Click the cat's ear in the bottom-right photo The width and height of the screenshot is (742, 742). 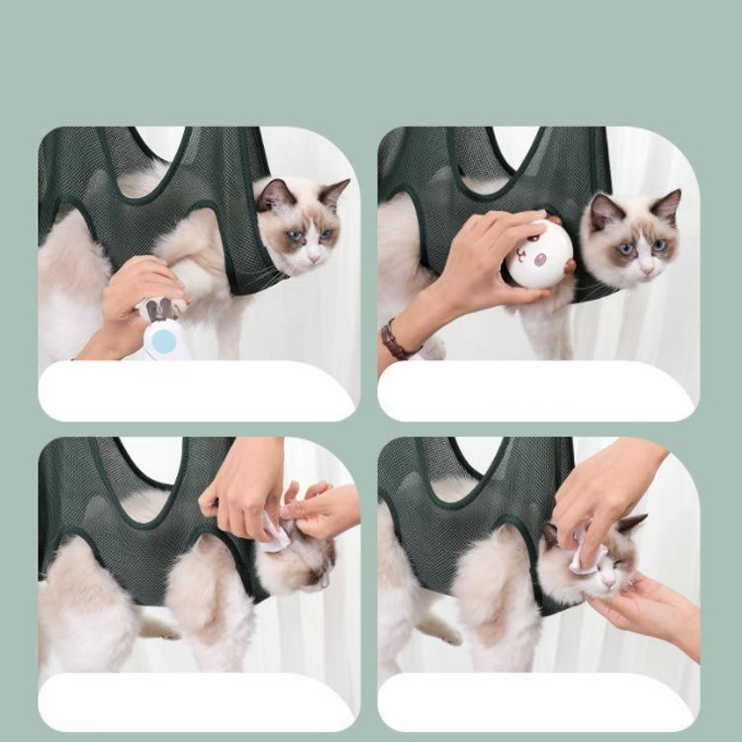pos(629,525)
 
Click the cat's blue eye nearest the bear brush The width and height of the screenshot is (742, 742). pos(625,248)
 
